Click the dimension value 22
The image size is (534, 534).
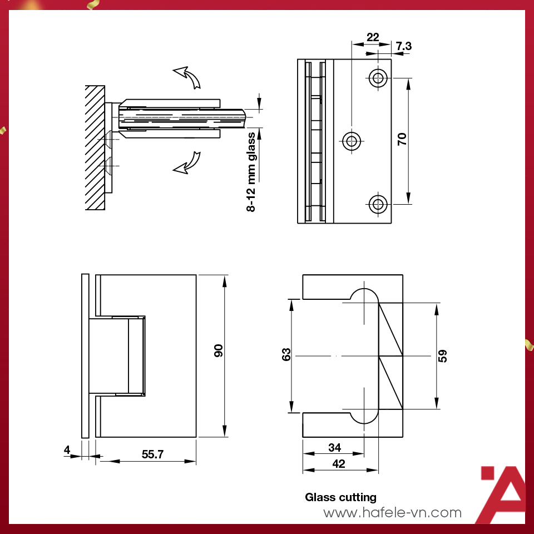tap(373, 37)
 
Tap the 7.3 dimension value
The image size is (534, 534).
tap(404, 46)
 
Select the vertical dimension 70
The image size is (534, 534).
tap(402, 139)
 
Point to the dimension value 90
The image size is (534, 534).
tap(218, 351)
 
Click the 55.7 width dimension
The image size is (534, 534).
tap(152, 454)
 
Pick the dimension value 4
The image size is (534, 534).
tap(67, 450)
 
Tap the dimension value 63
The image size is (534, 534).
tap(286, 354)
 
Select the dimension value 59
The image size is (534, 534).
tap(442, 356)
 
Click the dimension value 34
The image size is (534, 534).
tap(334, 447)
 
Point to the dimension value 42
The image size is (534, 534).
tap(339, 463)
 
